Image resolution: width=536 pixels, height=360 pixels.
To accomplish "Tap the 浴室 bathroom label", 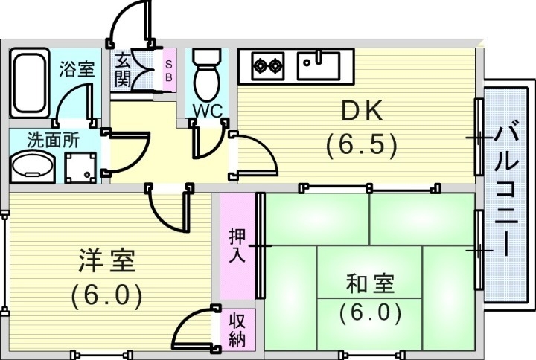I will [x=77, y=69].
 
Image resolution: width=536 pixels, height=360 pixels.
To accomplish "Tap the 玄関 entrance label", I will [x=122, y=69].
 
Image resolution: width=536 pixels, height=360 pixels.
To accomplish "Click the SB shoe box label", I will [x=168, y=70].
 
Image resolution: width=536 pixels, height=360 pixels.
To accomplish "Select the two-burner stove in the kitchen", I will [x=267, y=65].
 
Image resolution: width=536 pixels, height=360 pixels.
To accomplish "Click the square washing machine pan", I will [x=80, y=167].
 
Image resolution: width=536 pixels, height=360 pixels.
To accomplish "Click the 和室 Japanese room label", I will [x=370, y=283].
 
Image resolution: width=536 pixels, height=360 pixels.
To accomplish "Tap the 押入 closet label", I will [x=235, y=245].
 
